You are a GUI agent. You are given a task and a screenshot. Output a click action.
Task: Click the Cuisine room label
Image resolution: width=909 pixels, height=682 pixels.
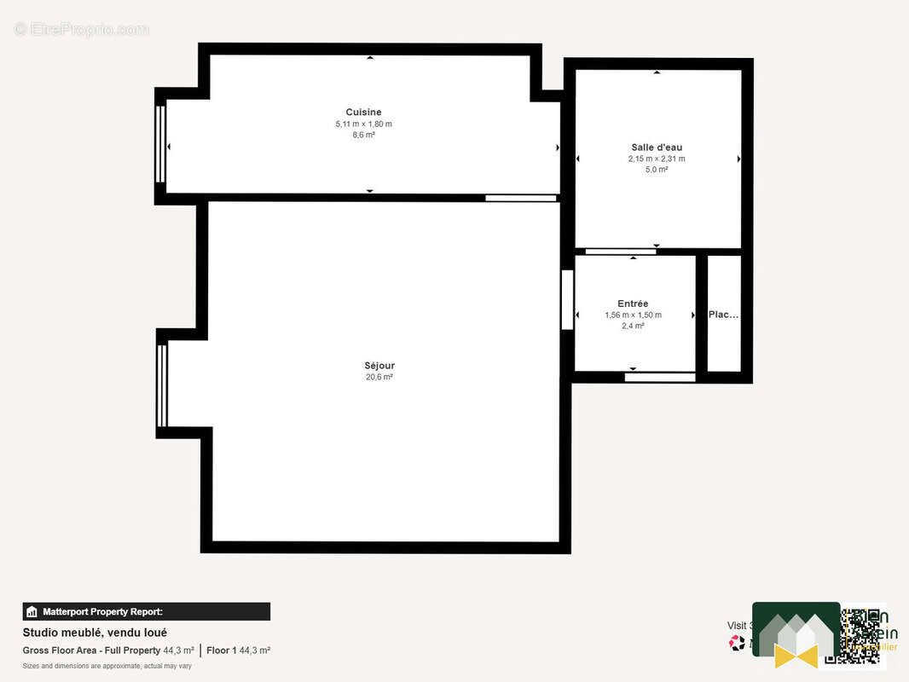pos(363,113)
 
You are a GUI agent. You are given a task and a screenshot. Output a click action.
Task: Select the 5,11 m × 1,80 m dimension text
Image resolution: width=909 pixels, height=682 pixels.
pos(363,124)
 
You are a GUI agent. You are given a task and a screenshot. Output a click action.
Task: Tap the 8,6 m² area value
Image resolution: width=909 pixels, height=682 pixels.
pos(363,136)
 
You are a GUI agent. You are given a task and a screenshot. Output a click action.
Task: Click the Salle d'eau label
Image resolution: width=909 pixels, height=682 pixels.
pos(657,147)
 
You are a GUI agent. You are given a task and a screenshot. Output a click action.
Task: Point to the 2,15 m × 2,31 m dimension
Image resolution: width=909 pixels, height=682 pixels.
pos(657,159)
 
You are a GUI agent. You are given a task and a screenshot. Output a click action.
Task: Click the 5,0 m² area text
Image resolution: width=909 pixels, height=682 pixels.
pos(657,170)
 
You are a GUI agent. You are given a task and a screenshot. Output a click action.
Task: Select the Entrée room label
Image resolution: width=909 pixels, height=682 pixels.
pos(633,303)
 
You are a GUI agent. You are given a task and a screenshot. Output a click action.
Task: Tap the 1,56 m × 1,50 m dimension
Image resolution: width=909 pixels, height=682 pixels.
pos(633,315)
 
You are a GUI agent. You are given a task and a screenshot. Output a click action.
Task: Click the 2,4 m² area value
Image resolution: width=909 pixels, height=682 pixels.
pos(633,326)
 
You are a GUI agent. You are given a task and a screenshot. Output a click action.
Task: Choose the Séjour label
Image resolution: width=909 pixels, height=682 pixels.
pos(379,366)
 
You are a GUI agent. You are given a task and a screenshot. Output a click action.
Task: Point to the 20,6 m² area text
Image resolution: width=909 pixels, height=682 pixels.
pos(379,377)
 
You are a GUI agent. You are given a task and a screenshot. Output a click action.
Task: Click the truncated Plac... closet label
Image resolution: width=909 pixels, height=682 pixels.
pos(724,315)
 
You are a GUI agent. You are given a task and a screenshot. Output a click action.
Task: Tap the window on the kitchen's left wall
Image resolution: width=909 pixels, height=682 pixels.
pos(160,144)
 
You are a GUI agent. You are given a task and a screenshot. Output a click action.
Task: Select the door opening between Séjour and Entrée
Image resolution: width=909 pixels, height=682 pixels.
pos(566,299)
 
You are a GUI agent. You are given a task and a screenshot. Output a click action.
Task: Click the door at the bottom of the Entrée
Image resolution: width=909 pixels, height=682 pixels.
pos(659,377)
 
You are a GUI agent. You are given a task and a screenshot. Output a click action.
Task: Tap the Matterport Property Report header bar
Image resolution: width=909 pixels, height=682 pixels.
pos(146,611)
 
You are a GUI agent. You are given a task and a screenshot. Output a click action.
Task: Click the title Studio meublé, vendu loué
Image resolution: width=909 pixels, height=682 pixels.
pos(95,633)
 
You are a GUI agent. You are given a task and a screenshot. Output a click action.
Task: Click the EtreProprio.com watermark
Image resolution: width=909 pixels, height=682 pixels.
pos(82,29)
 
